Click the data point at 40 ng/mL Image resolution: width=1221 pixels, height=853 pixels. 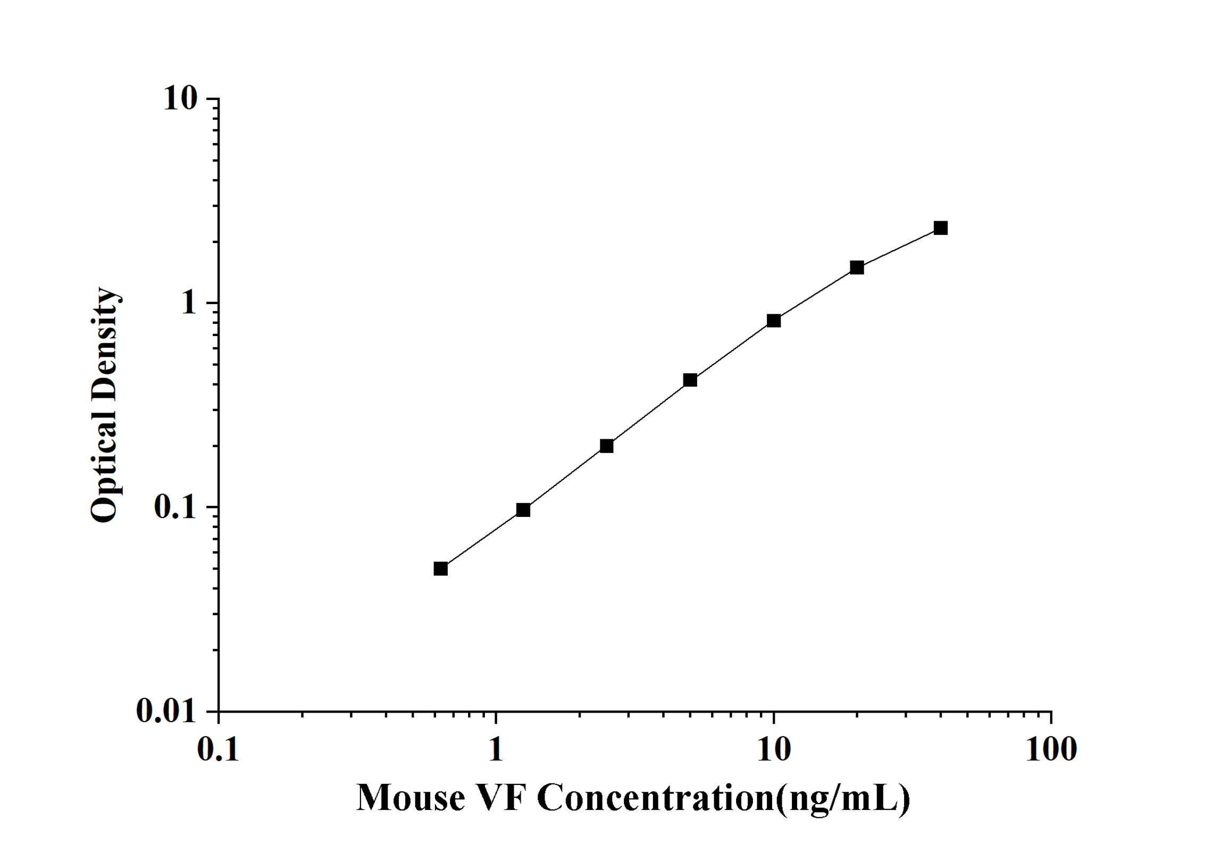(940, 228)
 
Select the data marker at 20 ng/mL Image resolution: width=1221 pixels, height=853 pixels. (857, 267)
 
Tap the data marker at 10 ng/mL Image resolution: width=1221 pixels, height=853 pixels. (774, 321)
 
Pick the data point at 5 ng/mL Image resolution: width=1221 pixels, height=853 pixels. (690, 380)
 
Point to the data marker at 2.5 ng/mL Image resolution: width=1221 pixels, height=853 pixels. (607, 446)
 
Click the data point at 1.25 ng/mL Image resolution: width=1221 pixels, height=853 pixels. (523, 510)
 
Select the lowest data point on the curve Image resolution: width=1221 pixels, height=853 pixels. (440, 569)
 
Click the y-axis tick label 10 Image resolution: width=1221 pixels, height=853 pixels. (180, 99)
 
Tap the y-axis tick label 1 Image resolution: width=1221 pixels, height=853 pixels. (189, 303)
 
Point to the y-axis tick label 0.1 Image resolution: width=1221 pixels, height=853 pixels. (175, 507)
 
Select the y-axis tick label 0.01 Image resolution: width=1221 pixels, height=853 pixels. (166, 710)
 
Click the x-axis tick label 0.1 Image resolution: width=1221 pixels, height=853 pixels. (218, 750)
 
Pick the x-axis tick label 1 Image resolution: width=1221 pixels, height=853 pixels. (496, 750)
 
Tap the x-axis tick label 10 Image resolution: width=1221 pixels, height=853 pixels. (774, 750)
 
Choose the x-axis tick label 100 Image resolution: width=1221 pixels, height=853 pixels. (1051, 750)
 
